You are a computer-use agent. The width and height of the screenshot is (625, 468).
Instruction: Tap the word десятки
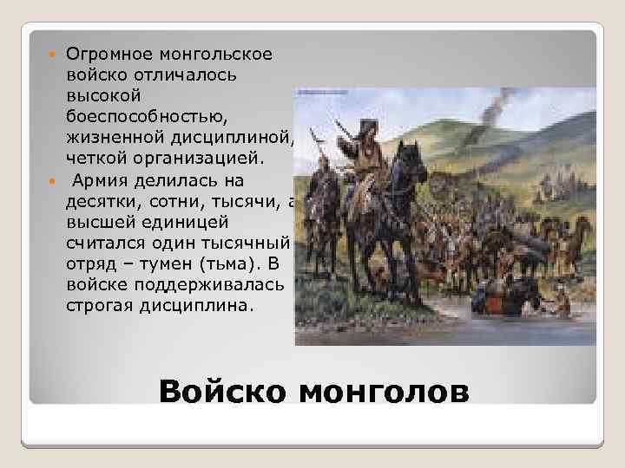(x=97, y=200)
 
